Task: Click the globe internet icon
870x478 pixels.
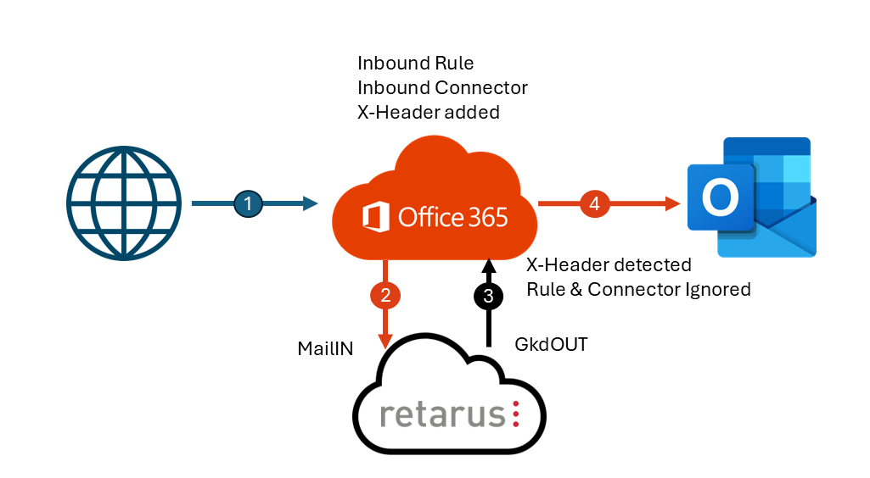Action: (x=124, y=203)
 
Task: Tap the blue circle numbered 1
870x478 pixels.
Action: (x=248, y=203)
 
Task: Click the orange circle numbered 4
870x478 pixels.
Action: (x=594, y=203)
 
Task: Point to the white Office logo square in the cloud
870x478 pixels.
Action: (x=376, y=217)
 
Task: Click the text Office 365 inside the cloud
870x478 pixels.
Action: (x=452, y=217)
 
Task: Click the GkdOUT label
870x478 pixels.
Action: (x=551, y=346)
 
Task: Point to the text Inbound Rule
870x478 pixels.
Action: (x=415, y=64)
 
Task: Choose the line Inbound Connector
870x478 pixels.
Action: (x=442, y=87)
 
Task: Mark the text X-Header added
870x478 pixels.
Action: (x=428, y=112)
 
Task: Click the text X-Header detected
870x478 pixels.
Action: (x=609, y=264)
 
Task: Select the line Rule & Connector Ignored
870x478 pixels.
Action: (x=638, y=289)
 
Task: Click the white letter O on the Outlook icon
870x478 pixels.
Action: (x=719, y=199)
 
